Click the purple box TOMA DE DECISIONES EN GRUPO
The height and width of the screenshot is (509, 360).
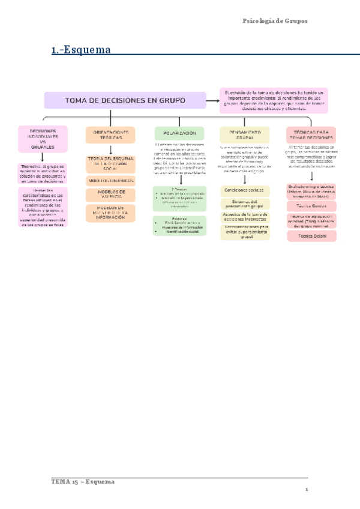(x=124, y=100)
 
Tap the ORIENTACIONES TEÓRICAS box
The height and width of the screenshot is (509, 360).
(x=110, y=135)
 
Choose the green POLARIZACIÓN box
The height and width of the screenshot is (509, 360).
(x=179, y=133)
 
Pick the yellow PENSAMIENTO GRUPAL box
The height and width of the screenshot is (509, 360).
(x=245, y=134)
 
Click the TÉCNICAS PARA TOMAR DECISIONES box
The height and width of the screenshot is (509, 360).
(x=310, y=134)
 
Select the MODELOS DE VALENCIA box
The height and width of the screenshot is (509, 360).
(x=110, y=194)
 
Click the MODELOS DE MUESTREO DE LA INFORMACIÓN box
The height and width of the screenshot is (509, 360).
(x=110, y=212)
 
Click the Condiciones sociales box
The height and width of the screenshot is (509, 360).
(x=244, y=190)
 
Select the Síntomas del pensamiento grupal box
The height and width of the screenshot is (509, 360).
(x=244, y=204)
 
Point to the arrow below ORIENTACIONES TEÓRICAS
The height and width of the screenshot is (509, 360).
(x=110, y=149)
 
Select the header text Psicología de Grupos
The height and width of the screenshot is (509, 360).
(x=274, y=21)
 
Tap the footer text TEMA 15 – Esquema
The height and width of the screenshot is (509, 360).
(x=83, y=482)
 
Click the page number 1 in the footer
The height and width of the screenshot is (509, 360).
(x=306, y=490)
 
